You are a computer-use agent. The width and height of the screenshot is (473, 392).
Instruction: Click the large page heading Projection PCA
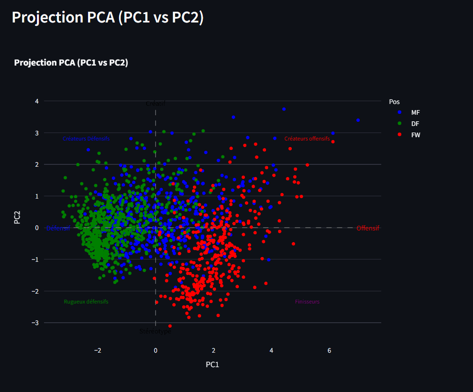(x=107, y=17)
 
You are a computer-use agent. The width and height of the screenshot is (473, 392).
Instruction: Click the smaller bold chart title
(x=71, y=63)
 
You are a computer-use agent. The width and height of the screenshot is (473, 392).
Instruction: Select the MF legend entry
(x=415, y=112)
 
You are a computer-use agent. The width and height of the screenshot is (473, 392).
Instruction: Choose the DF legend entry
(x=415, y=124)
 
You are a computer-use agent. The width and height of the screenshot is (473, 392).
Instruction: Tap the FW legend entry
(x=415, y=135)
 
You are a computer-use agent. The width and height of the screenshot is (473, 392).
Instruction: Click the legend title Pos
(x=394, y=102)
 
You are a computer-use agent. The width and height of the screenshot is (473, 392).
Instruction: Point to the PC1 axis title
(x=212, y=364)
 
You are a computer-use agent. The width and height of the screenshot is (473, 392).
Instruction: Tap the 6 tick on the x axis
(x=329, y=350)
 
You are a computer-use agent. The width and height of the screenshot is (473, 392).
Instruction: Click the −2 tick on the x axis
(x=97, y=350)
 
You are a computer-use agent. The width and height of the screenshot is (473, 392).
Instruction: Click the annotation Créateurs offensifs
(x=307, y=139)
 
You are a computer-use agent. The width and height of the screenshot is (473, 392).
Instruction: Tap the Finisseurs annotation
(x=307, y=302)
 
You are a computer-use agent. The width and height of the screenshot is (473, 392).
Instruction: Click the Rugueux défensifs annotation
(x=86, y=302)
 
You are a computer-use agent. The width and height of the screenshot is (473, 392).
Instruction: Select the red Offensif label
(x=368, y=228)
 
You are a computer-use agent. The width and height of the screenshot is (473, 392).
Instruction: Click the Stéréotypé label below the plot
(x=155, y=332)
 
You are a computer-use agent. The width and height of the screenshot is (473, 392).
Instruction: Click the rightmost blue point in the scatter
(x=358, y=120)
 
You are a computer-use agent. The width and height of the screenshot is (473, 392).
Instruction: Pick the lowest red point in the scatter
(x=170, y=326)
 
